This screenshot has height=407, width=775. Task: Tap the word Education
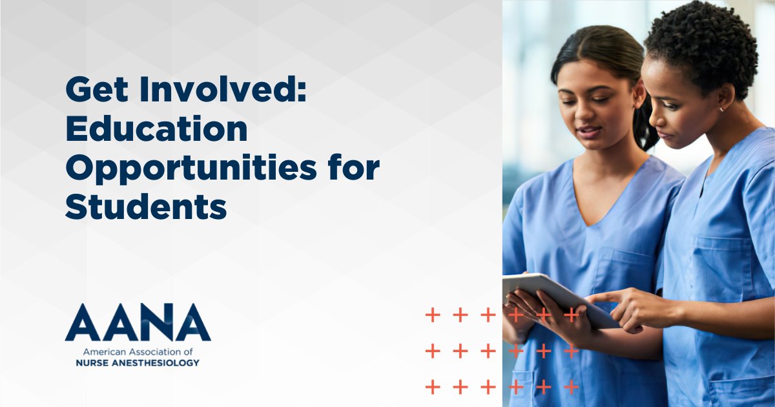[x=156, y=129]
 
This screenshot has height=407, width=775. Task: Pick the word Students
[x=146, y=206]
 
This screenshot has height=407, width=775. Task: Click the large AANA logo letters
[x=138, y=323]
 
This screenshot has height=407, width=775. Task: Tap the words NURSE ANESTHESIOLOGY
[x=137, y=363]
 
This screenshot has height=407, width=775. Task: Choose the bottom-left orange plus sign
[x=432, y=387]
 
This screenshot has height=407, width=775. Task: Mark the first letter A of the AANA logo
[x=83, y=323]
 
